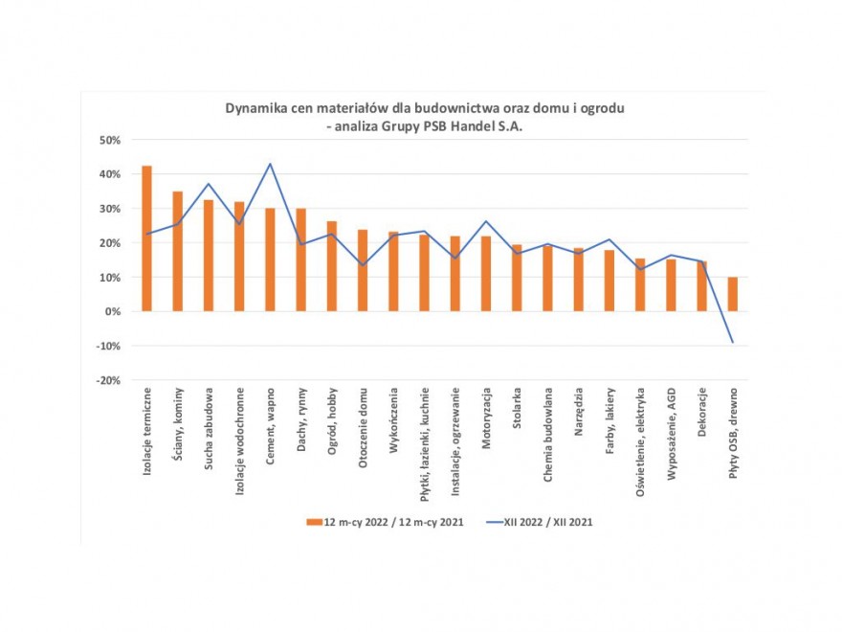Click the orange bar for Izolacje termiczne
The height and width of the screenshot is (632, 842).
click(146, 238)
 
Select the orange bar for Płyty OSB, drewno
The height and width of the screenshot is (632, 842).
click(733, 294)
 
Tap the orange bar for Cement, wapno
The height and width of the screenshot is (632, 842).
click(270, 260)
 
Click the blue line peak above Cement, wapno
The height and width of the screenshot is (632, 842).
click(270, 164)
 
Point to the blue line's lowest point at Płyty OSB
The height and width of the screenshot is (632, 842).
click(733, 342)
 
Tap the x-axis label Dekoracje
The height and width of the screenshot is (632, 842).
click(702, 410)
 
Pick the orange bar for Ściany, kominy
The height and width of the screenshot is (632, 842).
click(178, 251)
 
